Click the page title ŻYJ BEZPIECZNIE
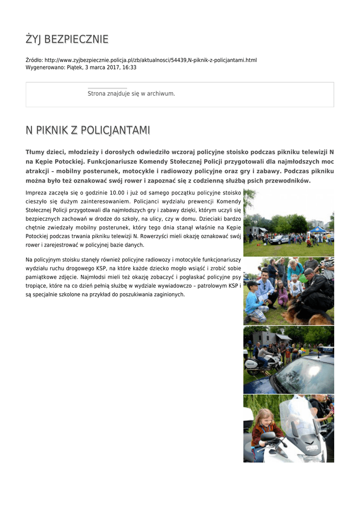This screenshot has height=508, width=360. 67,39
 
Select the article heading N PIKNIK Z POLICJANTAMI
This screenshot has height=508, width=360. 88,130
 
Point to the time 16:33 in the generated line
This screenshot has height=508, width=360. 130,67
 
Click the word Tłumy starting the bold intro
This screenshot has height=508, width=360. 35,152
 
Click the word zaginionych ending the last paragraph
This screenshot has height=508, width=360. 167,294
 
